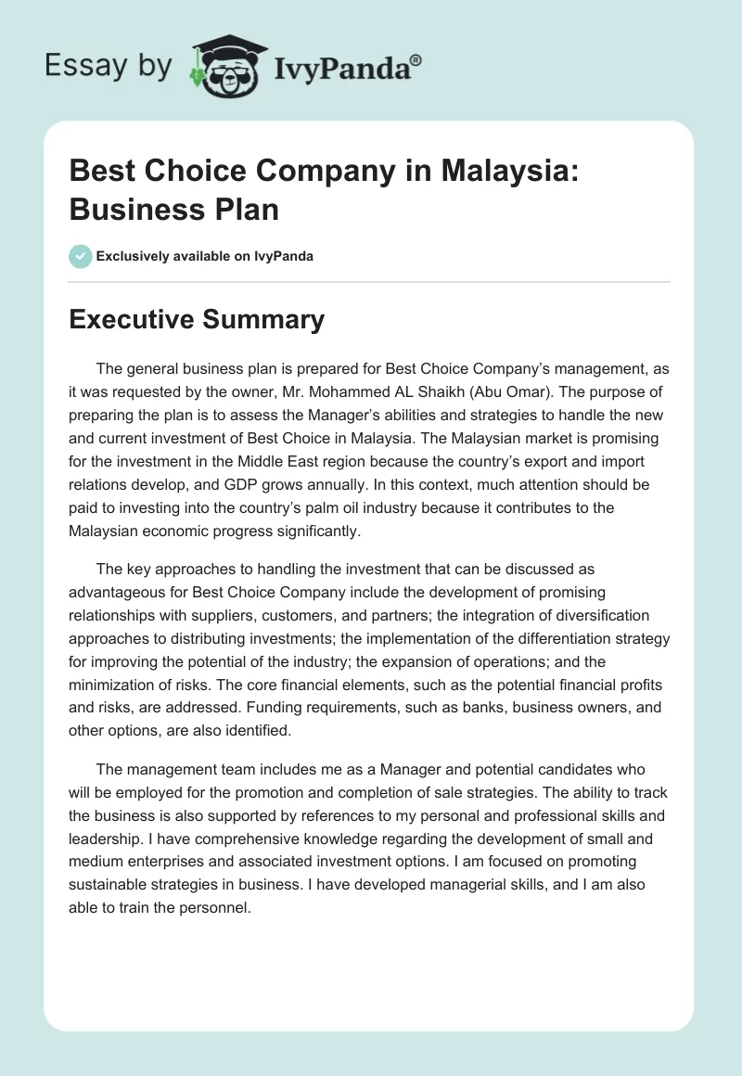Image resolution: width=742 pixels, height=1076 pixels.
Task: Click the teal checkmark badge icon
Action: (x=81, y=256)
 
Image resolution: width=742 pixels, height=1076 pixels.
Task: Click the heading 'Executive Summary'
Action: (x=197, y=320)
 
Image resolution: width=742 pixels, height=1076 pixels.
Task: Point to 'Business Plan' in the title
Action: (x=174, y=209)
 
